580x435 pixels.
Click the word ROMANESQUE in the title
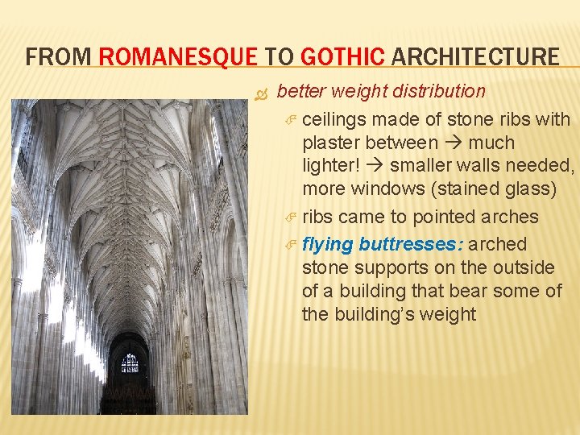(177, 57)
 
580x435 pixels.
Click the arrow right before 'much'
(454, 143)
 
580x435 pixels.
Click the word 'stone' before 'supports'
(325, 267)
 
